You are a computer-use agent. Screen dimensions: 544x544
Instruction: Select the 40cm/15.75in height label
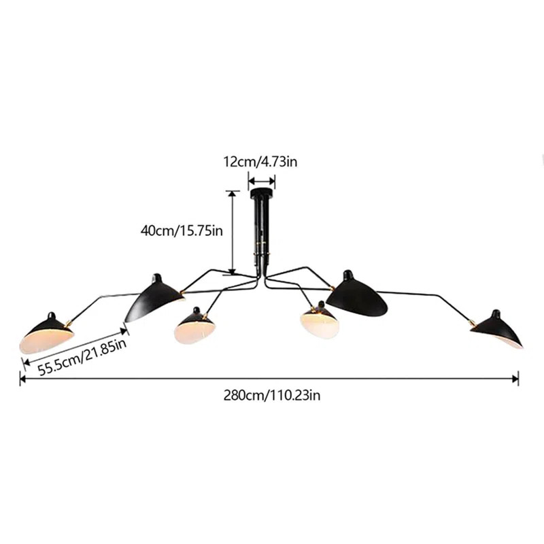tap(182, 231)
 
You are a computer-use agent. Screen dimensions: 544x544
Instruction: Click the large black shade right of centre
tap(356, 296)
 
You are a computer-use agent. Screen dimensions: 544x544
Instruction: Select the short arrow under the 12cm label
tap(261, 181)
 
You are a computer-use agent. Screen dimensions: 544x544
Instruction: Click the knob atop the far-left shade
tap(52, 316)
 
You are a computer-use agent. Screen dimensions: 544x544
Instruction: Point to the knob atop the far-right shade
tap(493, 313)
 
